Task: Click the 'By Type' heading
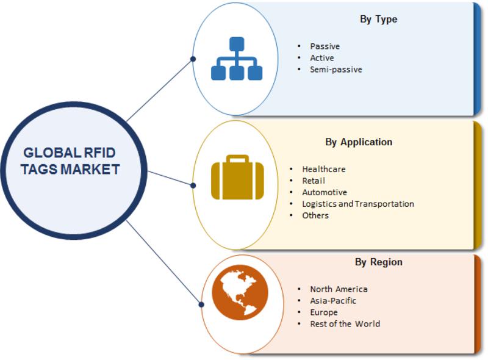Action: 378,20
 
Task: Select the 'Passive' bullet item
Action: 325,46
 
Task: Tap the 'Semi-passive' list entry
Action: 336,70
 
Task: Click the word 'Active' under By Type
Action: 322,58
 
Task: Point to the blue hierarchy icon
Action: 237,59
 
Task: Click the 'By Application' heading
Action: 359,142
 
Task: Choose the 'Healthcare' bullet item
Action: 324,169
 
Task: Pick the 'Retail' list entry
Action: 314,181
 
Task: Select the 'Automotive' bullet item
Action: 325,192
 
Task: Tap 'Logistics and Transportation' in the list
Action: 358,204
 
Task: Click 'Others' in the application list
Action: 315,215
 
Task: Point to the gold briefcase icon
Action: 237,177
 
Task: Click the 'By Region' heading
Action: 378,262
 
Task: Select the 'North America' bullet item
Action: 339,289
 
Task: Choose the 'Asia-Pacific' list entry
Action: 332,301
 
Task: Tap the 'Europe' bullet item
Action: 324,312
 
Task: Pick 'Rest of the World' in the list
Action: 345,324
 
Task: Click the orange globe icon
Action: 240,292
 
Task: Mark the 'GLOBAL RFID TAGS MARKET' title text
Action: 70,161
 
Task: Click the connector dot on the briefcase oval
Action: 193,185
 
